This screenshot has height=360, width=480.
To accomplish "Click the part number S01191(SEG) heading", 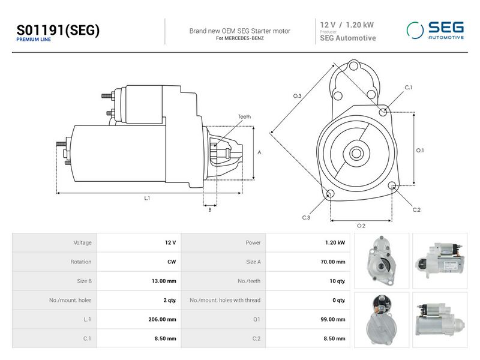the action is [58, 31].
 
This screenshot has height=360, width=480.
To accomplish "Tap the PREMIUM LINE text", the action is [34, 40].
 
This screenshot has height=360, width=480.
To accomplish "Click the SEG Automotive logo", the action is [435, 31].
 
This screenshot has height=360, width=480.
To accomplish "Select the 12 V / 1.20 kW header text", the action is [347, 25].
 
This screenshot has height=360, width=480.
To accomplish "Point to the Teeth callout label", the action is [244, 116].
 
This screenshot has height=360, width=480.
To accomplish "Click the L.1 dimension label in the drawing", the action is [147, 199].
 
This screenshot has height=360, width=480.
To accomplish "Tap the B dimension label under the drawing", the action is [209, 210].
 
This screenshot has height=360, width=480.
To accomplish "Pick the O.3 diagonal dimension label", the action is [297, 96].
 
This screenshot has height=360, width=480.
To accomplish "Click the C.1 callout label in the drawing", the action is [409, 88].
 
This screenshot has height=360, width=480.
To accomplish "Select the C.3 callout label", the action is [306, 218].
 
